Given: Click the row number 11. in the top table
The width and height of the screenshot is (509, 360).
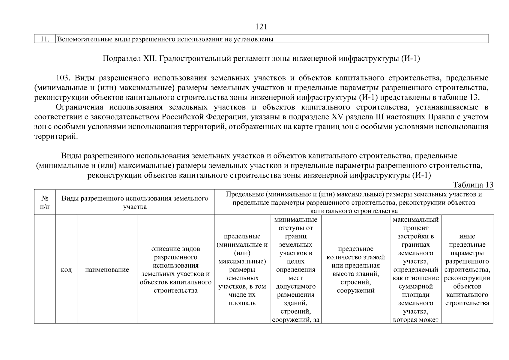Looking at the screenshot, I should coord(45,39).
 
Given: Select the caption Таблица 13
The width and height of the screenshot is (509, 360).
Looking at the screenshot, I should coord(473,185).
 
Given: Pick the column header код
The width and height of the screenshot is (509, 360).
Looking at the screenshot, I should coord(66,269).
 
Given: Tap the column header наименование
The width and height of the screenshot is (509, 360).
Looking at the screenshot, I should coord(107,269).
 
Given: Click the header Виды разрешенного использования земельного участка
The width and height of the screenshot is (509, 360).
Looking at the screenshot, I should coord(135,202).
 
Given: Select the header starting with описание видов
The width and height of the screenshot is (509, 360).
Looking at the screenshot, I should coord(175,269).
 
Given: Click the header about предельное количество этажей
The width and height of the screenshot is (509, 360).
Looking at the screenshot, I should coord(355,269).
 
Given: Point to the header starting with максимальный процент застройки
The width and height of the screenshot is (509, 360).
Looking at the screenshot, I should coord(415,269).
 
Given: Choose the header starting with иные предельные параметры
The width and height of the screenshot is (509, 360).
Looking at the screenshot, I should coord(467,269).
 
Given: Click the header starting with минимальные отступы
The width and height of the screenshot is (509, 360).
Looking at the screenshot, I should coord(295,269).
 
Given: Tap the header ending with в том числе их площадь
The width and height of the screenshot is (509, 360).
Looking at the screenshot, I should coord(242,269).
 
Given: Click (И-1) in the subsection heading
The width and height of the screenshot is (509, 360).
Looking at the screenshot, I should coord(410,58).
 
